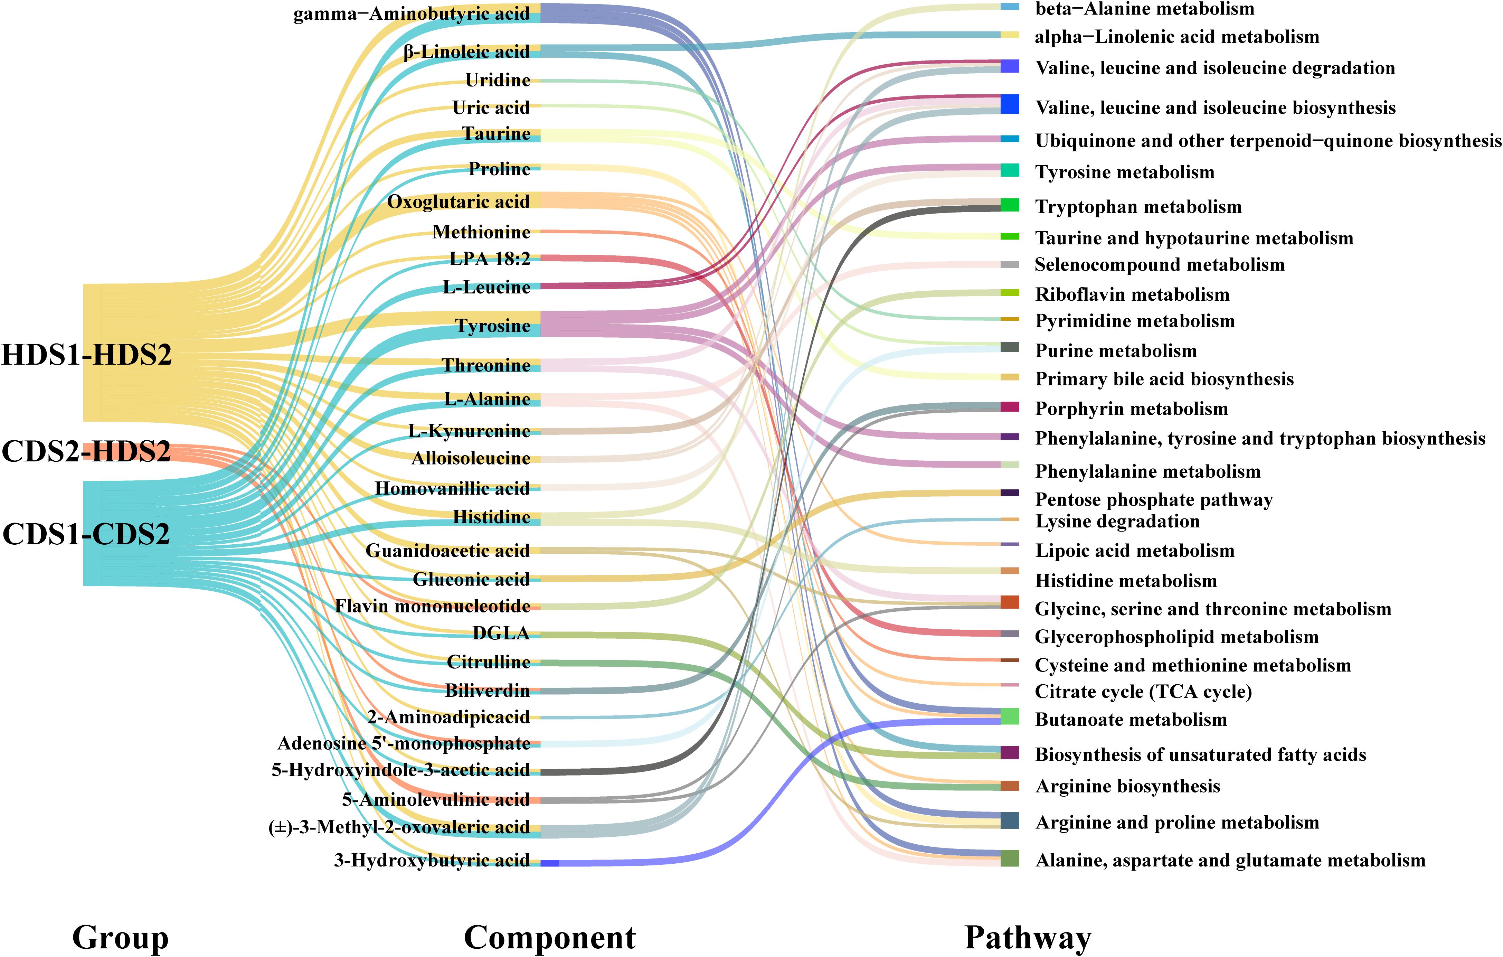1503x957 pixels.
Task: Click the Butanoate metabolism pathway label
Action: coord(1131,720)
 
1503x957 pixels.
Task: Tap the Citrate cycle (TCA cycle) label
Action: coord(1143,692)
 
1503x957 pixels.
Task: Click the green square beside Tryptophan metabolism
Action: coord(1009,205)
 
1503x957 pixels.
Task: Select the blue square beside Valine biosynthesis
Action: coord(1009,104)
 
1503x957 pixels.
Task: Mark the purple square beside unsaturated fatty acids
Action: coord(1009,753)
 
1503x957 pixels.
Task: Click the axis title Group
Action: coord(121,938)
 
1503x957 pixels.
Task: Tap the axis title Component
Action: coord(549,938)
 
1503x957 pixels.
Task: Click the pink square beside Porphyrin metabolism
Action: coord(1009,407)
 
